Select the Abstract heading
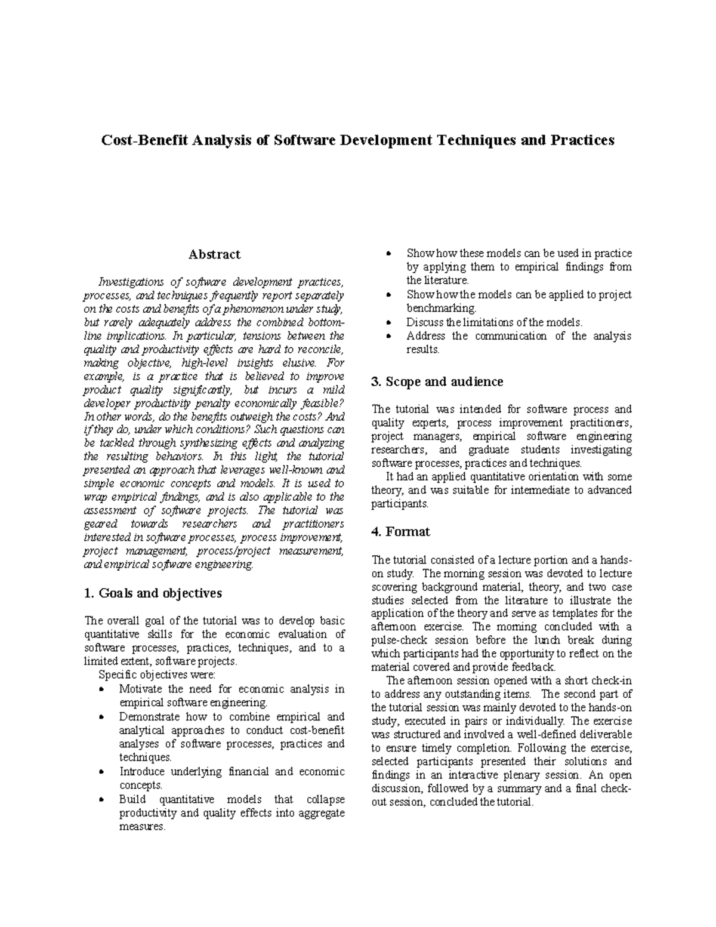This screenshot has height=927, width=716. pos(214,254)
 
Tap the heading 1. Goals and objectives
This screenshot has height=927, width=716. pos(153,593)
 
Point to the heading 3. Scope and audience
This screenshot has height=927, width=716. pos(437,381)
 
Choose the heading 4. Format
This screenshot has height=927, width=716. pos(400,531)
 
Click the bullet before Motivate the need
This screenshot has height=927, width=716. pos(103,689)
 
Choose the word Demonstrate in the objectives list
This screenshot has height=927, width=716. pos(149,717)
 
